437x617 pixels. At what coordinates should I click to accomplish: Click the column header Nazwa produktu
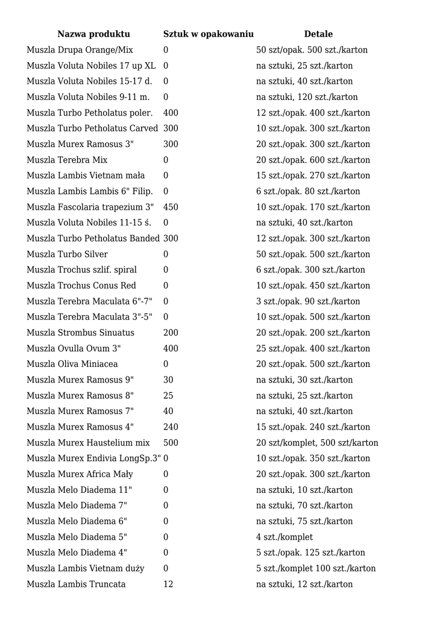[93, 34]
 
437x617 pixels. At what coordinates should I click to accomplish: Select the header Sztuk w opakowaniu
[208, 34]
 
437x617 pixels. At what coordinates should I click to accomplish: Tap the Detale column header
[318, 34]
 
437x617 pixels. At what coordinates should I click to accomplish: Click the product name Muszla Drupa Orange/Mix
[80, 50]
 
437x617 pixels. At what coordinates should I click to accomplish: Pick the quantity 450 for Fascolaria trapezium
[171, 207]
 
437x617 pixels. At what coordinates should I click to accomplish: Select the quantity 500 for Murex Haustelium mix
[171, 443]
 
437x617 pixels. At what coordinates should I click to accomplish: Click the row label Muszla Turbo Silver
[67, 254]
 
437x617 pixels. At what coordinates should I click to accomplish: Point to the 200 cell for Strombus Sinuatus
[171, 333]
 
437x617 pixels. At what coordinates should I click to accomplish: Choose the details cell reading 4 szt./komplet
[285, 537]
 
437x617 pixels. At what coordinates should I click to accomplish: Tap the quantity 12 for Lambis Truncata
[168, 584]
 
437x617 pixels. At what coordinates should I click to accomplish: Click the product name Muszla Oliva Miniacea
[72, 364]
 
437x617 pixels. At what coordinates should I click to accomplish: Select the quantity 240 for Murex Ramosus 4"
[171, 427]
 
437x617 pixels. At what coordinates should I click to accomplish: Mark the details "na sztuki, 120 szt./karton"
[307, 97]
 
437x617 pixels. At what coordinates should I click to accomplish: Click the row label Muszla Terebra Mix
[67, 160]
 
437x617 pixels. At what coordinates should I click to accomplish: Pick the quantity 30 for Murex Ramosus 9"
[168, 380]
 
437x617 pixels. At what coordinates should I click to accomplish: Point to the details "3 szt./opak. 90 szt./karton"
[308, 301]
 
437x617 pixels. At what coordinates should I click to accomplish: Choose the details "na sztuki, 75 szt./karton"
[304, 521]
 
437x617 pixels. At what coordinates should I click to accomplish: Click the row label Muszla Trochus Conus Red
[81, 286]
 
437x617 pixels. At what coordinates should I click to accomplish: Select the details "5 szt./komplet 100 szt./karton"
[316, 568]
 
